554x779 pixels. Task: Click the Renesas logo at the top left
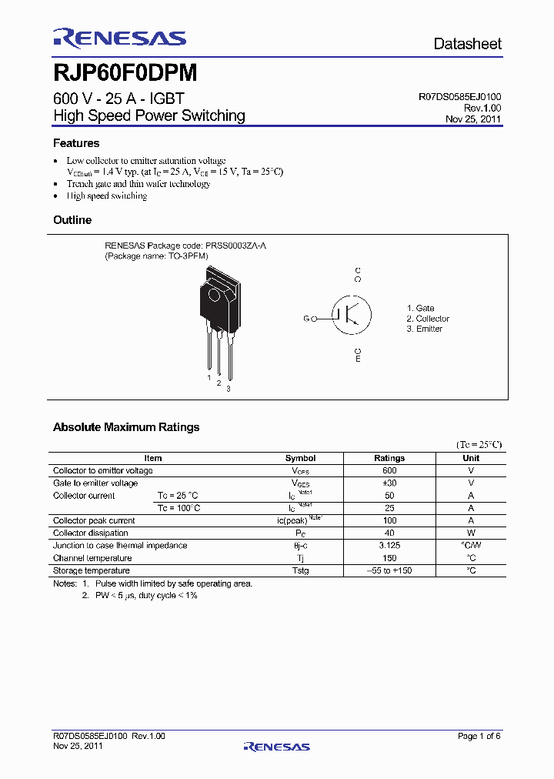point(119,38)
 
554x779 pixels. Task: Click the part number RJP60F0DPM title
point(125,73)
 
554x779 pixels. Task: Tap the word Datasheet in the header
point(467,44)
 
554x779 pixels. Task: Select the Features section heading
point(76,143)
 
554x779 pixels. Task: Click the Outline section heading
point(72,220)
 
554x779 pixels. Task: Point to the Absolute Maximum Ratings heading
point(126,427)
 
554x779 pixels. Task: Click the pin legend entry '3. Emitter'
point(425,329)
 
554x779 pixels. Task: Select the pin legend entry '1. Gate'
point(420,308)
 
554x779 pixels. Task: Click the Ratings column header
point(389,458)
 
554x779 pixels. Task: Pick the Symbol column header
point(301,458)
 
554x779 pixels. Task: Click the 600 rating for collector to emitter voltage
point(389,470)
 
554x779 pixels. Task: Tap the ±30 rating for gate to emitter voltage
point(389,483)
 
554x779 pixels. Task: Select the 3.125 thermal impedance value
point(389,546)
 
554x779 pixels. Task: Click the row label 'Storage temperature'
point(92,570)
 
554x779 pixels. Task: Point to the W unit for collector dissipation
point(471,533)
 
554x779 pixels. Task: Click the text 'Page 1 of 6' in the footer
point(479,737)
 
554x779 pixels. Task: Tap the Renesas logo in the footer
point(276,747)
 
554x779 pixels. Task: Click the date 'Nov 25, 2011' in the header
point(473,119)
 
